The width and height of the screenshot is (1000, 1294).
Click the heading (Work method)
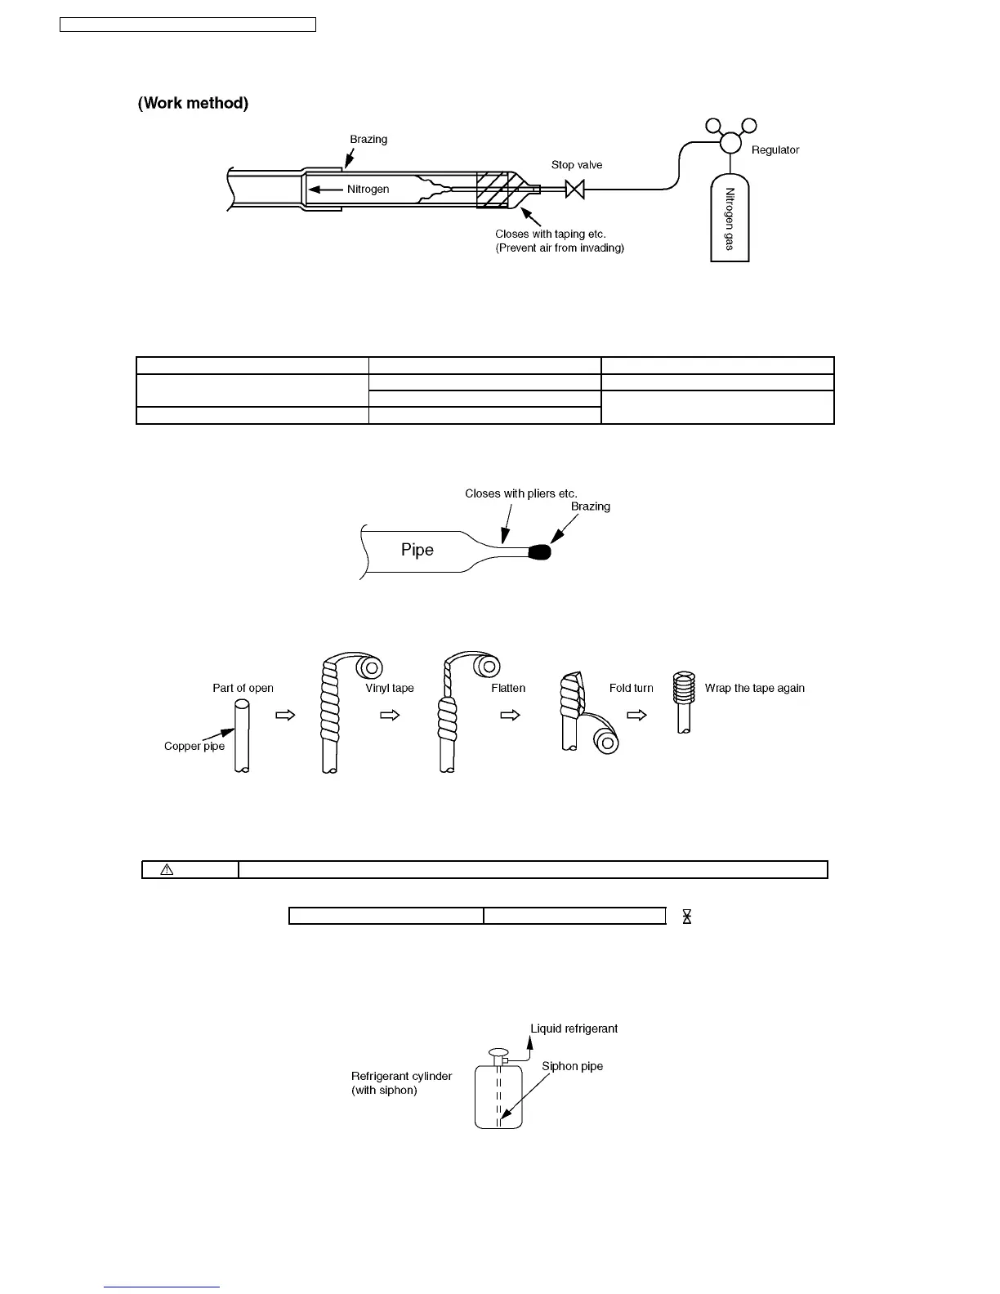click(193, 103)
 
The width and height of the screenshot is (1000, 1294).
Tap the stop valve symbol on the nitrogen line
click(575, 190)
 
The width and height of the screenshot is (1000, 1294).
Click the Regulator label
click(775, 150)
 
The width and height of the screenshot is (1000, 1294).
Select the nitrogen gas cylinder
click(730, 218)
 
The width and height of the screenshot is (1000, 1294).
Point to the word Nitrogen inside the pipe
click(368, 190)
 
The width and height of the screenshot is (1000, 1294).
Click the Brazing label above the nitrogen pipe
click(368, 140)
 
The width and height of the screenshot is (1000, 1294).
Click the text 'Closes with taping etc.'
click(550, 234)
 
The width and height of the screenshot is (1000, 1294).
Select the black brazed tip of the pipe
click(540, 552)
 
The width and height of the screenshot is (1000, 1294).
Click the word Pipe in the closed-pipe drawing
click(417, 550)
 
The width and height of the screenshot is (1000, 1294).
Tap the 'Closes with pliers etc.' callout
click(520, 493)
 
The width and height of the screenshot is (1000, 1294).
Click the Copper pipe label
click(194, 746)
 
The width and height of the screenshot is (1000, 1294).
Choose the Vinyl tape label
click(389, 688)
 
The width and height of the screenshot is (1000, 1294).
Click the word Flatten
click(508, 688)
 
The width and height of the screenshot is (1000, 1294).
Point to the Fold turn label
click(631, 688)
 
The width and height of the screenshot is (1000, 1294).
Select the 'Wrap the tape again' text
click(754, 688)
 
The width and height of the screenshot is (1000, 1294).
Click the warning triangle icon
click(167, 869)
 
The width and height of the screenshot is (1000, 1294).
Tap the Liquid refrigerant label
click(574, 1029)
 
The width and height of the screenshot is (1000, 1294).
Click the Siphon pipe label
click(572, 1066)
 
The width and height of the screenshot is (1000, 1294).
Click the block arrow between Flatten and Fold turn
click(511, 715)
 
